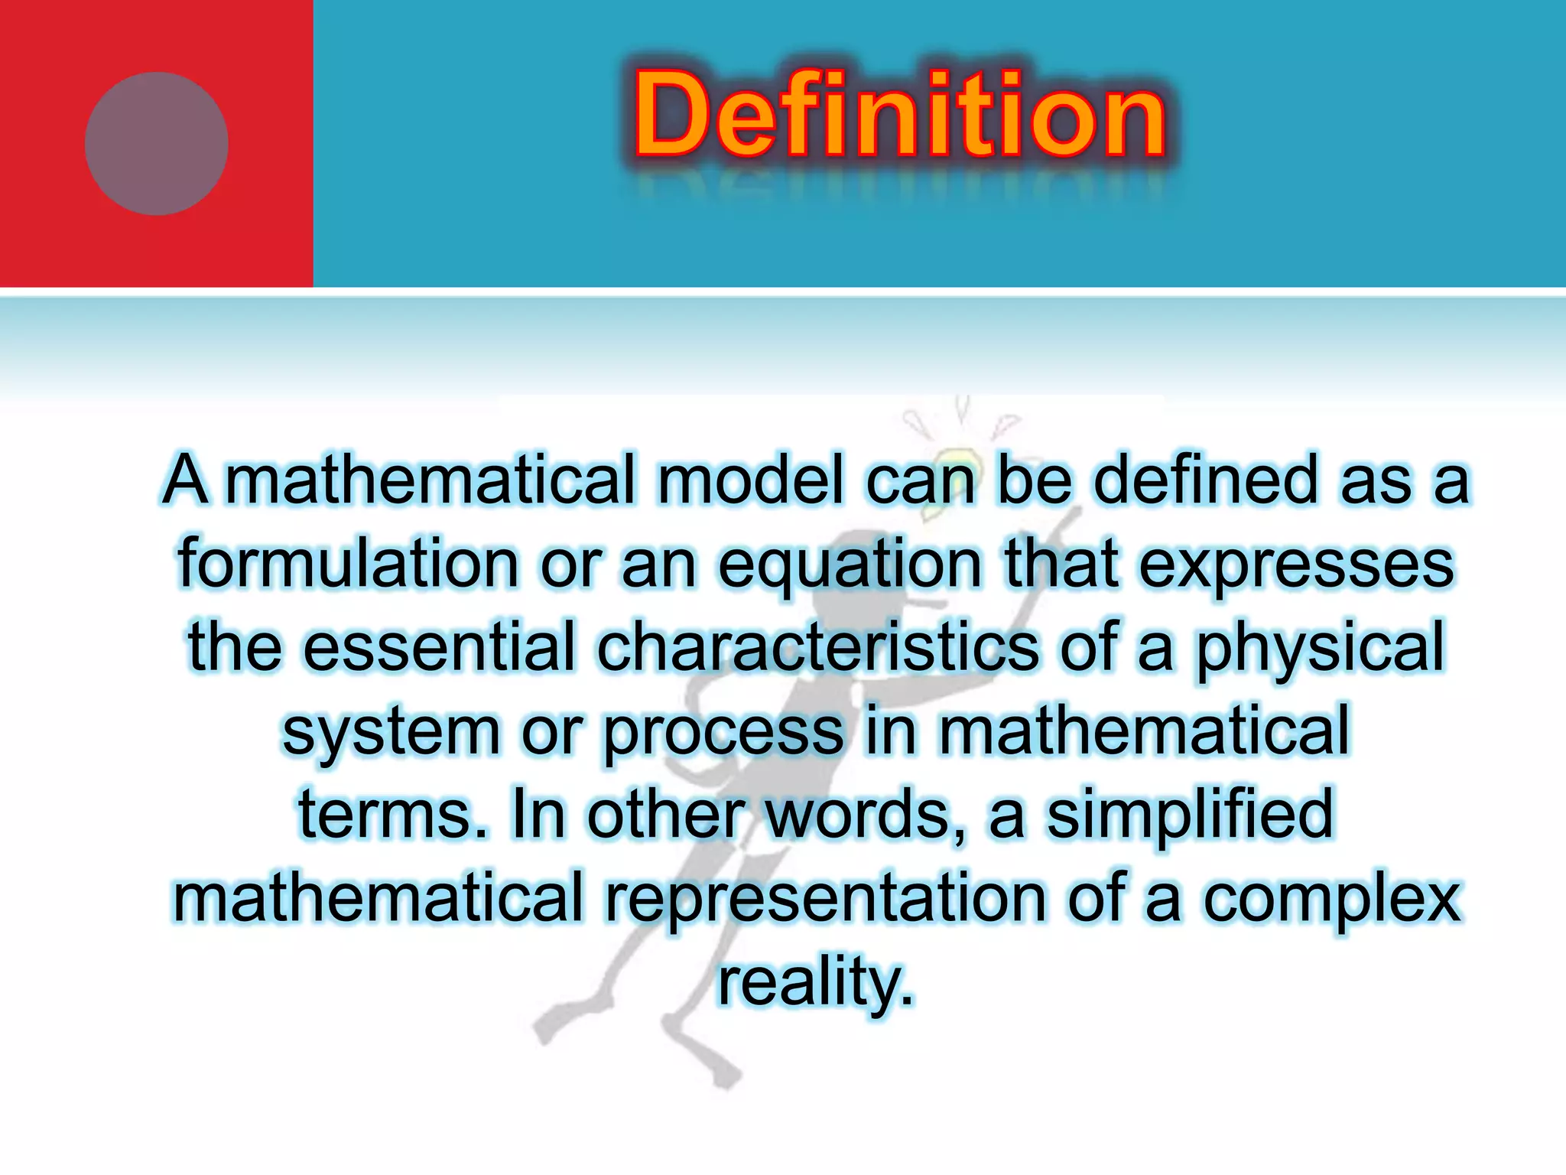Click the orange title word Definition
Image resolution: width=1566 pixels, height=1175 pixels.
tap(899, 115)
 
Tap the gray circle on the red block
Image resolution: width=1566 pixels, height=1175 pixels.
tap(157, 144)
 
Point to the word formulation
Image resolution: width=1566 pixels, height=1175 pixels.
tap(349, 564)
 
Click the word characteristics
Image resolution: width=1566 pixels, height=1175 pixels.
tap(817, 647)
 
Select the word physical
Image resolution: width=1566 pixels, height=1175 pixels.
tap(1320, 649)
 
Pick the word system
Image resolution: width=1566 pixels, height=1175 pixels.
tap(391, 733)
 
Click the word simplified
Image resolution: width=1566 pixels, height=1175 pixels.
tap(1189, 814)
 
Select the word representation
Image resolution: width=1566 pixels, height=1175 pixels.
tap(825, 898)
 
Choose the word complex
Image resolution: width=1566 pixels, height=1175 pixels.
tap(1331, 900)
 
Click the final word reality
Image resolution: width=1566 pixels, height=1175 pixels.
tap(815, 982)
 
